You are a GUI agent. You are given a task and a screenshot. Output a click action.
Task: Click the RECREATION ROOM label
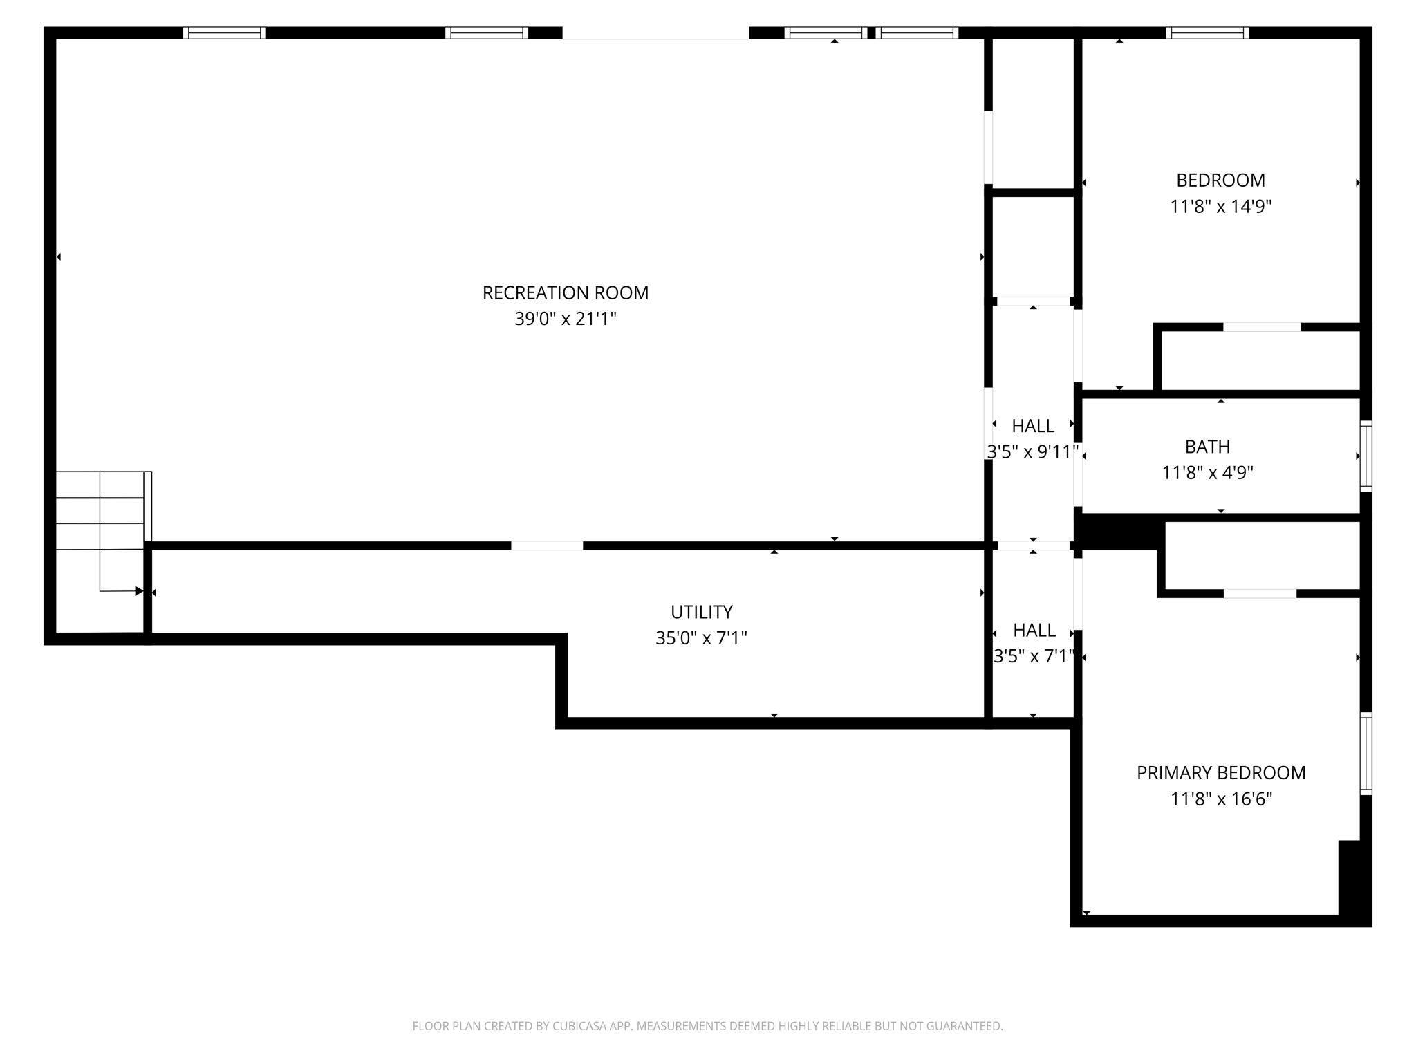[x=565, y=293]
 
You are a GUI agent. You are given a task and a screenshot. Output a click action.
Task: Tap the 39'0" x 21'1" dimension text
[x=565, y=319]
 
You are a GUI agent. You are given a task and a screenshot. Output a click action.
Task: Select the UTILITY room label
[x=701, y=612]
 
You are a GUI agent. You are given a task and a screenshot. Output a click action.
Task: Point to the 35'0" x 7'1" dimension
[x=701, y=638]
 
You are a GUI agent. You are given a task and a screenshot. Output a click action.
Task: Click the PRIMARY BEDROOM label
[x=1221, y=773]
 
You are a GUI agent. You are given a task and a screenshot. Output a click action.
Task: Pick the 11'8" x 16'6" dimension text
[x=1221, y=799]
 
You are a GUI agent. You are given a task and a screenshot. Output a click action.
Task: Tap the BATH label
[x=1207, y=447]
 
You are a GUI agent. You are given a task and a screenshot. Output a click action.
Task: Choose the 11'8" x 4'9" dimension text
[x=1207, y=474]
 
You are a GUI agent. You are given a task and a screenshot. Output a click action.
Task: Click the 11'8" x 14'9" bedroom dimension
[x=1220, y=207]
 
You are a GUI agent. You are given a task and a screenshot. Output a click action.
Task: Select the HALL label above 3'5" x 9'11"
[x=1033, y=426]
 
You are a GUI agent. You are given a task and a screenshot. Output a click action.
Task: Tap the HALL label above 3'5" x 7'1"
[x=1034, y=631]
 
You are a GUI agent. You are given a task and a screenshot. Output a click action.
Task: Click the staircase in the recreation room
[x=100, y=512]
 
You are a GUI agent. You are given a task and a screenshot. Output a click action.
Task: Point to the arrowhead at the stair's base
[x=139, y=591]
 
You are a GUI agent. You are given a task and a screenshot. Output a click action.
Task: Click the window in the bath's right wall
[x=1366, y=456]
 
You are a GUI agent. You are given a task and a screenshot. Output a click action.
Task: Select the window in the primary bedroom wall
[x=1366, y=754]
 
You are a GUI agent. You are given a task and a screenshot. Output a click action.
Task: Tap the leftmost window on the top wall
[x=224, y=32]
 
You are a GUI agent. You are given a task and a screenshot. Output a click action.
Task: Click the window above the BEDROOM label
[x=1207, y=32]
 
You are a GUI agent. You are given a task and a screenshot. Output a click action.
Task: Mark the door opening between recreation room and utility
[x=547, y=546]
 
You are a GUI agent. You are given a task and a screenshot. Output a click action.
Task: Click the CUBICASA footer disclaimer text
[x=707, y=1026]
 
